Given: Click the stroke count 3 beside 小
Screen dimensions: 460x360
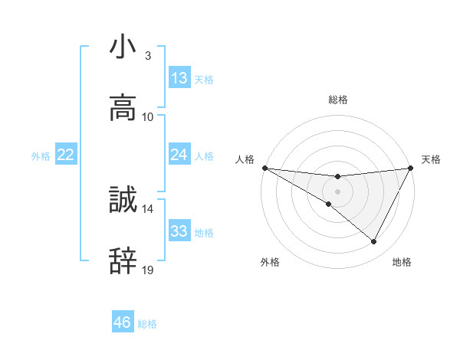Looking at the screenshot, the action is pos(147,56).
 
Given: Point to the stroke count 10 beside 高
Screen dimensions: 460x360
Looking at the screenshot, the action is pos(148,116).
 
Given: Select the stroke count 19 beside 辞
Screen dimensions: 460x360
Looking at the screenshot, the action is pos(148,270).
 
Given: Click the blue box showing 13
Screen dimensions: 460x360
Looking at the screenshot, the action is pos(179,78).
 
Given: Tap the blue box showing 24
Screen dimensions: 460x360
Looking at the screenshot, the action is pos(179,155).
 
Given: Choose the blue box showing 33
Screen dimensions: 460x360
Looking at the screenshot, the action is pos(179,231).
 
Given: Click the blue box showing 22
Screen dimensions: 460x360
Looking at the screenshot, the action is pos(66,155).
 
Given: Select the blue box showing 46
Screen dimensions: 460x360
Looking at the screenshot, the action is pos(123,322).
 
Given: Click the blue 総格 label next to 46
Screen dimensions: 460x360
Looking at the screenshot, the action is pos(147,324).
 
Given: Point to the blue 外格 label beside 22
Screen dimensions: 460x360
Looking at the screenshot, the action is pos(41,156).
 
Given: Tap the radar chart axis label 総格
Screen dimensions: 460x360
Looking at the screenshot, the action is pos(338,100).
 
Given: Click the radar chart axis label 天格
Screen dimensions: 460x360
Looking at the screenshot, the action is pos(431,159).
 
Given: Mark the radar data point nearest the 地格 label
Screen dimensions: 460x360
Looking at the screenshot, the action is pos(374,242).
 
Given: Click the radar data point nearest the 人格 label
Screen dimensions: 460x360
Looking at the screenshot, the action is pos(264,168).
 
